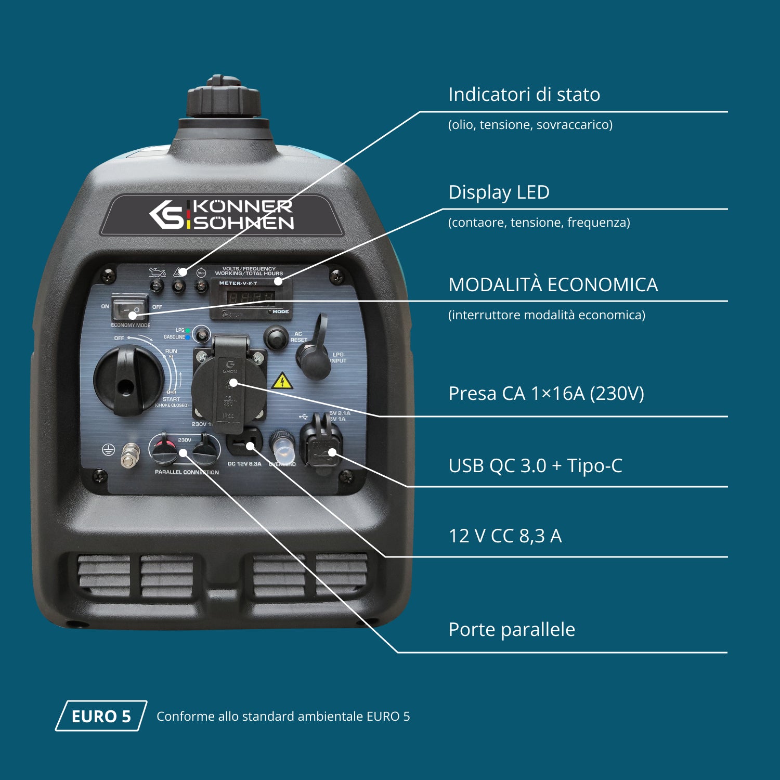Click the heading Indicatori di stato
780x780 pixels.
coord(524,95)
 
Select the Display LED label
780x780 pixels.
coord(499,192)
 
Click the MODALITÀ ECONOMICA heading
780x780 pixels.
coord(553,284)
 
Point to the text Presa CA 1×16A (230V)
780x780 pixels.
coord(546,393)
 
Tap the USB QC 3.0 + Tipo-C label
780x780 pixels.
coord(535,465)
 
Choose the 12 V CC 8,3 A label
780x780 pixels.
coord(505,536)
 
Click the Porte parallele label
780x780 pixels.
coord(512,629)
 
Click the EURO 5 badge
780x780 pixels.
coord(101,716)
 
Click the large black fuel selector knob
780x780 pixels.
coord(127,380)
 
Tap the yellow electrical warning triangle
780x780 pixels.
coord(282,381)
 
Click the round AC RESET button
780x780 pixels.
coord(276,337)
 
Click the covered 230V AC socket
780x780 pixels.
coord(229,385)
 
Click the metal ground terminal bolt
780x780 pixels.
coord(129,456)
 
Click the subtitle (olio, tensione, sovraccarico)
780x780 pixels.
coord(530,125)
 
